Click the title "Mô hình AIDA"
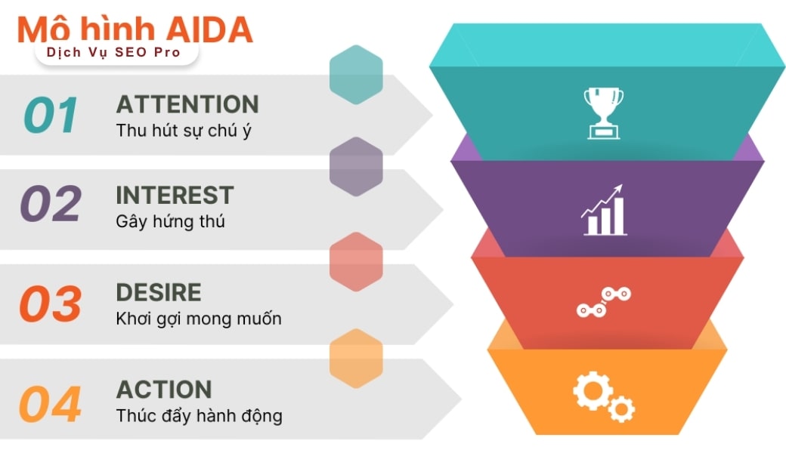click(x=135, y=30)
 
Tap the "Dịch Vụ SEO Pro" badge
click(x=116, y=53)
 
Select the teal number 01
click(x=51, y=115)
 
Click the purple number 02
click(x=51, y=203)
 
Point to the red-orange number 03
click(x=50, y=304)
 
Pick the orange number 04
click(x=50, y=403)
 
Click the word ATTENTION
click(x=187, y=105)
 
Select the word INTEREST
click(x=175, y=196)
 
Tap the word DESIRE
click(x=159, y=292)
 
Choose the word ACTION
click(x=164, y=390)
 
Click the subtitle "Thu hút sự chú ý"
click(x=184, y=131)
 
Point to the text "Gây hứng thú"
click(x=171, y=222)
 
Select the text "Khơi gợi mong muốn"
click(x=199, y=319)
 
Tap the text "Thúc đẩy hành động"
click(x=199, y=416)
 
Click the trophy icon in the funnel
click(x=604, y=113)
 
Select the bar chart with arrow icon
click(x=604, y=210)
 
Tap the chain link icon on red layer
click(x=604, y=302)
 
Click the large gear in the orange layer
click(x=593, y=391)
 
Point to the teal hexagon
click(x=356, y=75)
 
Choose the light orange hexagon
click(x=356, y=359)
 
